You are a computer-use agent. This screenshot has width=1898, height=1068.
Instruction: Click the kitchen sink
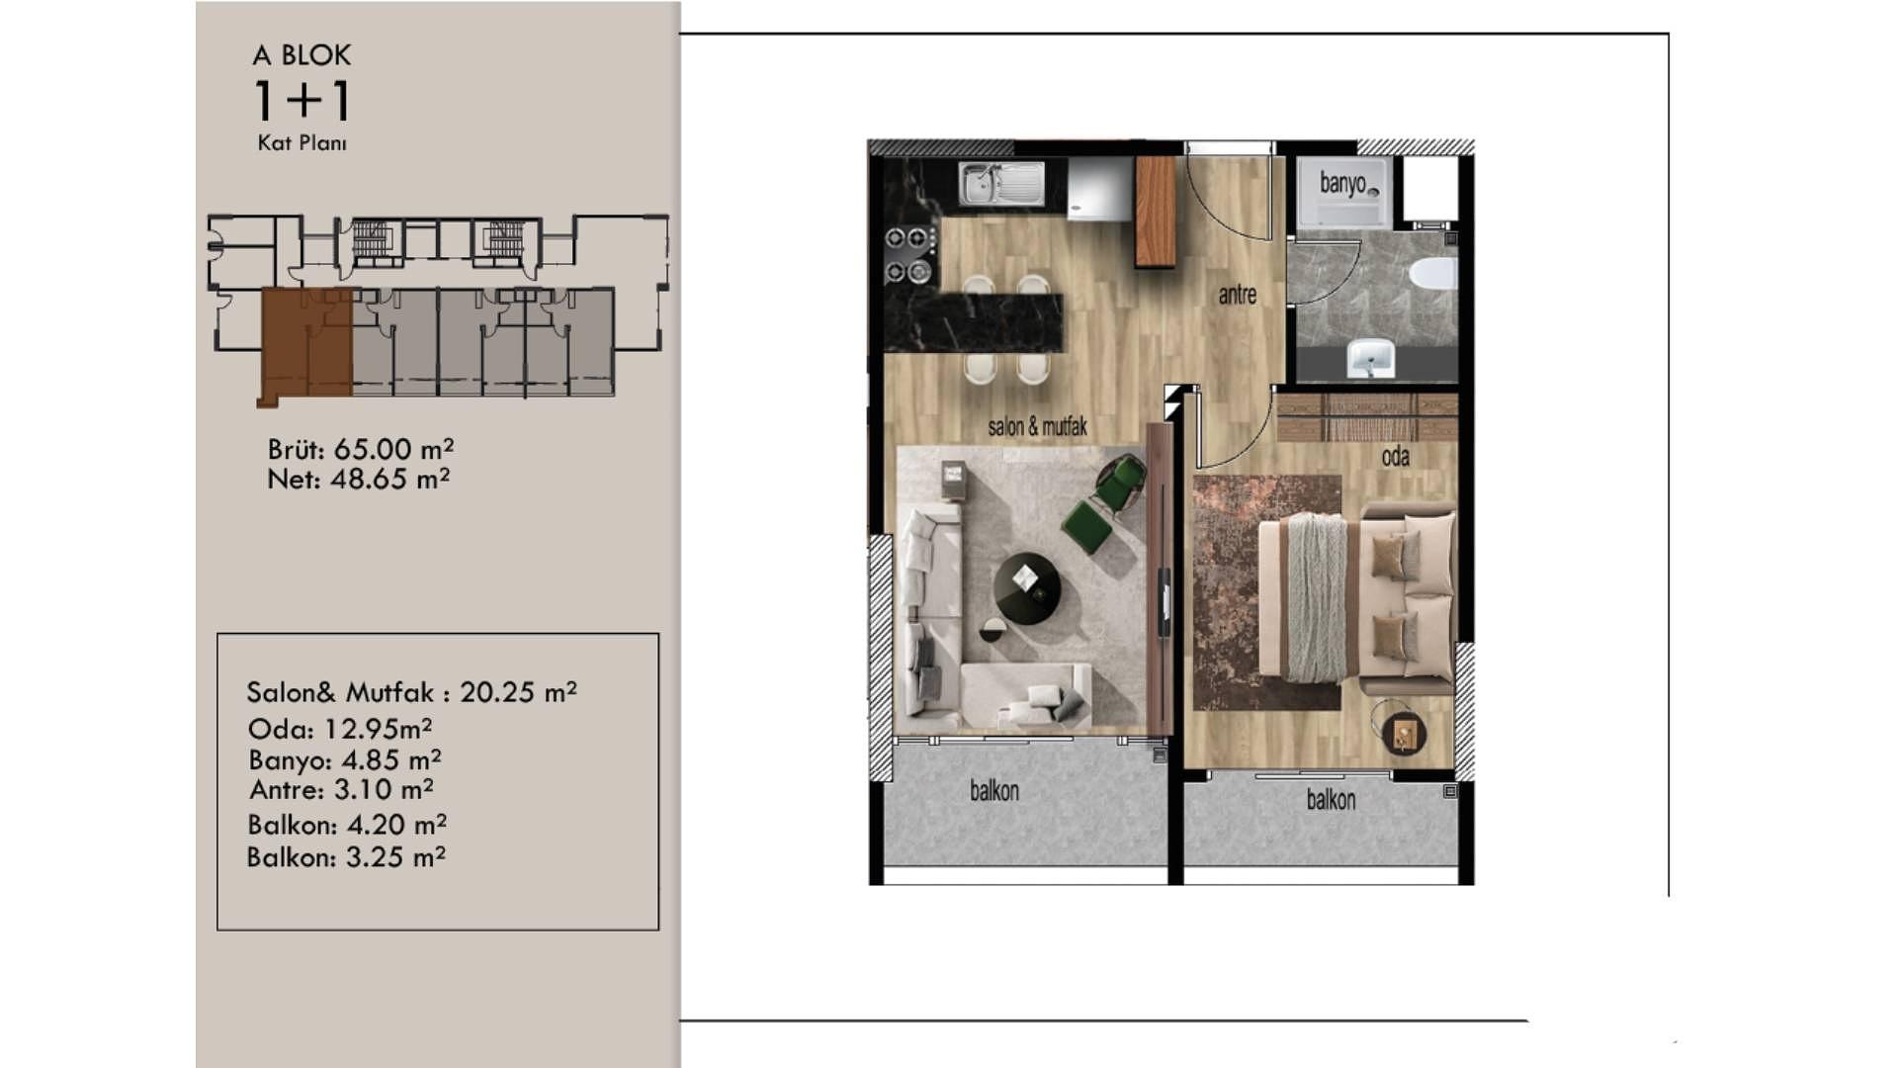(x=1001, y=183)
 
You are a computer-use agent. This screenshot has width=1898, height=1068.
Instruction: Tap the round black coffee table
(x=1027, y=588)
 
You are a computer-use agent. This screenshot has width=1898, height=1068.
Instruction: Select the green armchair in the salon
(x=1105, y=503)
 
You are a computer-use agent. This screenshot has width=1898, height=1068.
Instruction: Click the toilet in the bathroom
(x=1432, y=273)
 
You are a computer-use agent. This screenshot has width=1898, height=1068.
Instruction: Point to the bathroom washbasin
(x=1371, y=358)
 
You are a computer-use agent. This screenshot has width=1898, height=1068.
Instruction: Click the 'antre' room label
(x=1237, y=295)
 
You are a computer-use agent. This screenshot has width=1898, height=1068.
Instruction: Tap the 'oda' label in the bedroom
(x=1395, y=457)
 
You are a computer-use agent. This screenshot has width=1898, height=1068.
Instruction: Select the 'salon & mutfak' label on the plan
(x=1037, y=426)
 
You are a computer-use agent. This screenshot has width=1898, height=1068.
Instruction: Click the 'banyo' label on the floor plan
(x=1341, y=183)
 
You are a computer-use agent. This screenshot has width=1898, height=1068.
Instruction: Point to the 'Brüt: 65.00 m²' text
(x=361, y=449)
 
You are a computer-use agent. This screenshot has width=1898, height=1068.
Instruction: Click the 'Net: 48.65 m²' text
(x=359, y=480)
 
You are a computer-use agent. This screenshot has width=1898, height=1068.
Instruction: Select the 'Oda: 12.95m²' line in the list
(x=340, y=729)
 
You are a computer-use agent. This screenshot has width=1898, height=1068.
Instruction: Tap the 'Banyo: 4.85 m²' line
(x=345, y=760)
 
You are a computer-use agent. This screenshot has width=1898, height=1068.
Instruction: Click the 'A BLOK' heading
(x=302, y=55)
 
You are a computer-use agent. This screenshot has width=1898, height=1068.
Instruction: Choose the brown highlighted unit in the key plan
(x=305, y=344)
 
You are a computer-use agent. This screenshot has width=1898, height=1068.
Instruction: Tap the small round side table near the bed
(x=1402, y=731)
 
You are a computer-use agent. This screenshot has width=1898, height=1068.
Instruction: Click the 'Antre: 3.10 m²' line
(x=341, y=790)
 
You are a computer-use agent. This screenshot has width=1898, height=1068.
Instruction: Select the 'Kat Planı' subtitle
(x=302, y=143)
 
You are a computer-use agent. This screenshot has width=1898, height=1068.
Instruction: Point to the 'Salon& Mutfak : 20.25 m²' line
(x=412, y=692)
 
